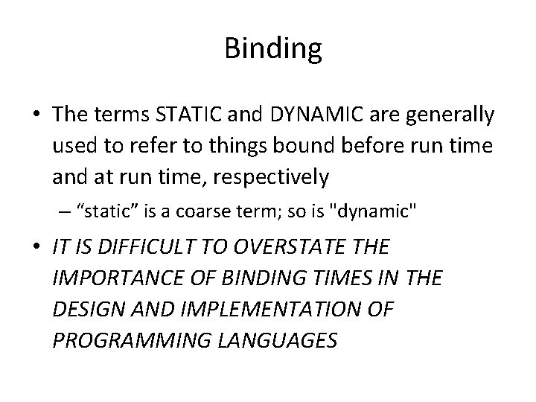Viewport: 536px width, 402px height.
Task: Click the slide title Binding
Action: point(272,50)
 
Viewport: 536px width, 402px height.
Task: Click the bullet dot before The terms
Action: point(36,115)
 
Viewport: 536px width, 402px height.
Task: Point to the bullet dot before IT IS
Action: point(36,247)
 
